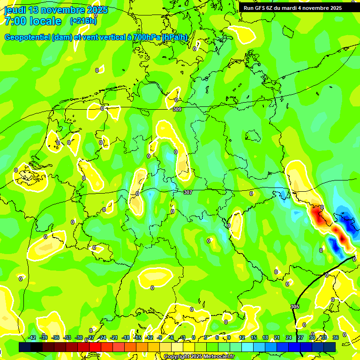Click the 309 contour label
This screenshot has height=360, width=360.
coord(177,109)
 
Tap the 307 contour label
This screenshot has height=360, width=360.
coord(188,192)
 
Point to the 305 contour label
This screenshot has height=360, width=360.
coord(294,307)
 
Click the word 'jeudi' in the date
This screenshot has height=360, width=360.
coord(15,10)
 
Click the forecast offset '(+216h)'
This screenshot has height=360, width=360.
coord(83,21)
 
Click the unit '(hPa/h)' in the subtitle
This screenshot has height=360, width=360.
coord(175,37)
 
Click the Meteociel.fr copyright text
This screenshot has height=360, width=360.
coord(199,357)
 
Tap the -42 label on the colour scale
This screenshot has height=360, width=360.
coord(32,337)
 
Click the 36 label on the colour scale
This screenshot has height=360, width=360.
coord(336,337)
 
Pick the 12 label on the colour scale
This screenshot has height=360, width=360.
coord(242,337)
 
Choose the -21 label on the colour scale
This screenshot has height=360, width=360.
coord(114,337)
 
